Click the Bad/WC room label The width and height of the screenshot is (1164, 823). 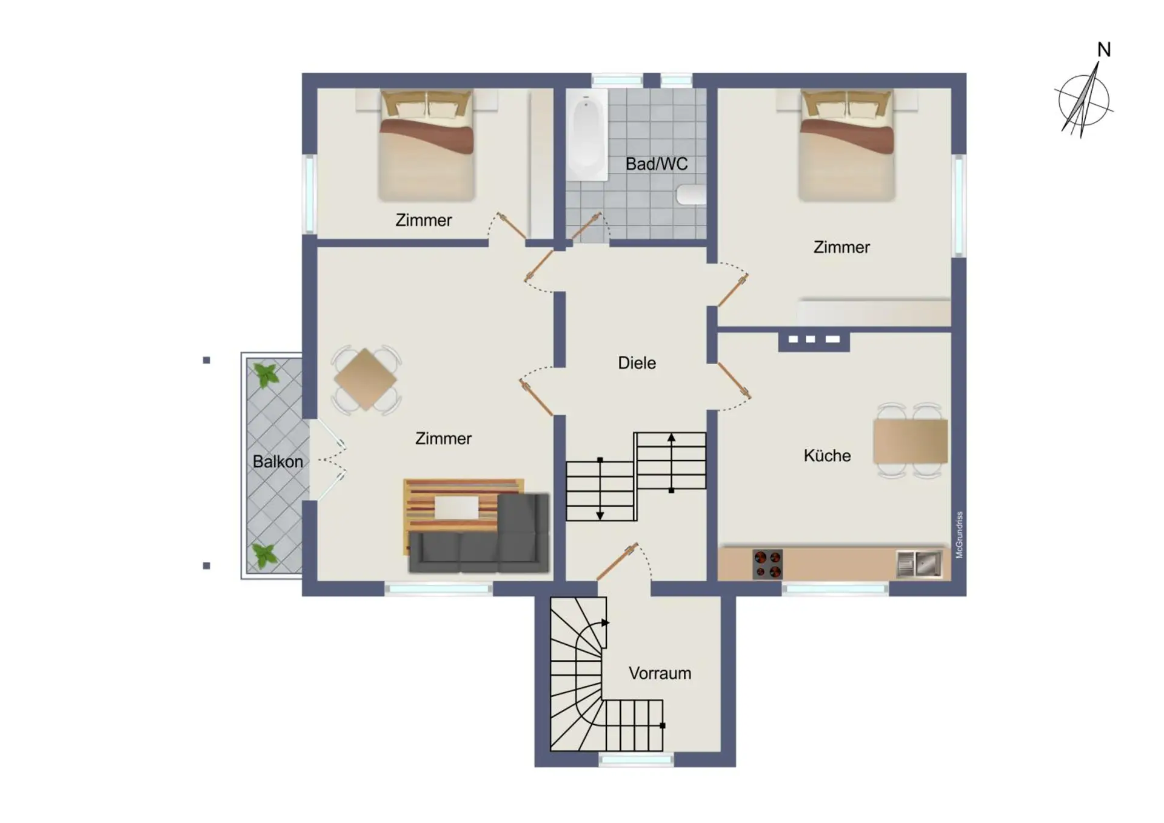pyautogui.click(x=657, y=164)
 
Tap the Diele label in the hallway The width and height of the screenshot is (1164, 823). pyautogui.click(x=637, y=363)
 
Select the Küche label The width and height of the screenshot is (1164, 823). pyautogui.click(x=827, y=455)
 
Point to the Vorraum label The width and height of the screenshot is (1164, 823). pyautogui.click(x=660, y=673)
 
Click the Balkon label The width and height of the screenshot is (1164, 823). pyautogui.click(x=278, y=461)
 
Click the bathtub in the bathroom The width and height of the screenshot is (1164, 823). pyautogui.click(x=586, y=134)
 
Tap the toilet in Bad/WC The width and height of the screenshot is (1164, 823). pyautogui.click(x=692, y=195)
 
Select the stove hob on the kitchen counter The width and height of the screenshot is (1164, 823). pyautogui.click(x=768, y=564)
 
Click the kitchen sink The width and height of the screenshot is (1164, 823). pyautogui.click(x=919, y=564)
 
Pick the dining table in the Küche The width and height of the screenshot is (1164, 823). pyautogui.click(x=911, y=441)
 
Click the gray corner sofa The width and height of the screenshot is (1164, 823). pyautogui.click(x=479, y=534)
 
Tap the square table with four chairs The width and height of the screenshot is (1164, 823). pyautogui.click(x=366, y=379)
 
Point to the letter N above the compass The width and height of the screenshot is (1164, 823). pyautogui.click(x=1104, y=50)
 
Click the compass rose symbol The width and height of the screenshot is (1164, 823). pyautogui.click(x=1084, y=101)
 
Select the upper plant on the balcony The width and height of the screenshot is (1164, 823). pyautogui.click(x=266, y=376)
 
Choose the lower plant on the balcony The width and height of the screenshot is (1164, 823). pyautogui.click(x=265, y=556)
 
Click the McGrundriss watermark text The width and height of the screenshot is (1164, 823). pyautogui.click(x=959, y=535)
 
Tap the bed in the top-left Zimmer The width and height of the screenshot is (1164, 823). pyautogui.click(x=426, y=145)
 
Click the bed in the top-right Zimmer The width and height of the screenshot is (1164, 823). pyautogui.click(x=846, y=145)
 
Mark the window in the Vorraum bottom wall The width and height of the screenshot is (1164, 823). pyautogui.click(x=636, y=759)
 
